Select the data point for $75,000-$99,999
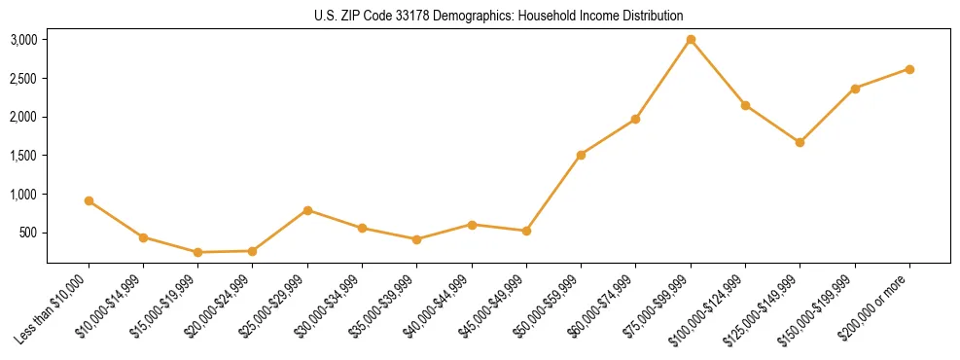[x=691, y=40]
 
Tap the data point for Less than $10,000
[x=89, y=200]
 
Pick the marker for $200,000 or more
[x=909, y=69]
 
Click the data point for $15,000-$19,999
[x=197, y=252]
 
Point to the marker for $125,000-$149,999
[x=800, y=142]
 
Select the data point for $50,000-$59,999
[x=581, y=155]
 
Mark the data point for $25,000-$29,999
[x=307, y=210]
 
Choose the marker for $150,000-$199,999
[x=855, y=89]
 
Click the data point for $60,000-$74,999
[x=635, y=119]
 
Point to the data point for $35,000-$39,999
[x=416, y=239]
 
